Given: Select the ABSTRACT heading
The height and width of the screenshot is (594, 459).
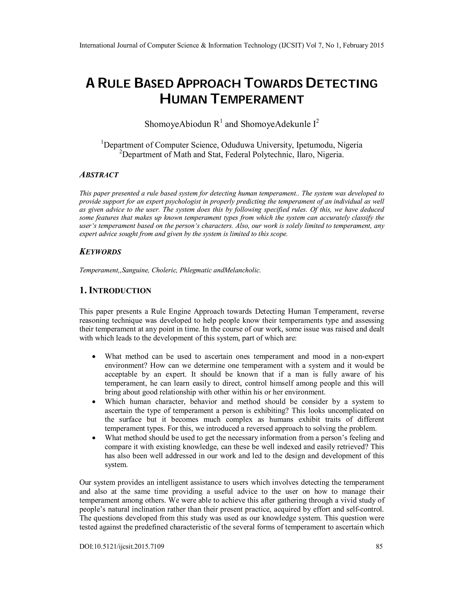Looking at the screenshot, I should [x=99, y=175].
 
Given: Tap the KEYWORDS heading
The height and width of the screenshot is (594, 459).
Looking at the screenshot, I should [x=100, y=252].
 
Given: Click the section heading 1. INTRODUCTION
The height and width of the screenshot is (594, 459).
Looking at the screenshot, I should [x=115, y=291].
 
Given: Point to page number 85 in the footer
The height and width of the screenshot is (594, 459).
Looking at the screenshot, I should [x=379, y=546].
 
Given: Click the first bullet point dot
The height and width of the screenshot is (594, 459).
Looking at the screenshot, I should [x=94, y=357].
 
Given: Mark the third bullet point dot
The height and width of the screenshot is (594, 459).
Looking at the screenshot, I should [x=94, y=438].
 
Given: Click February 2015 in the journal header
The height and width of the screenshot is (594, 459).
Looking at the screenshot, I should [x=363, y=46].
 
